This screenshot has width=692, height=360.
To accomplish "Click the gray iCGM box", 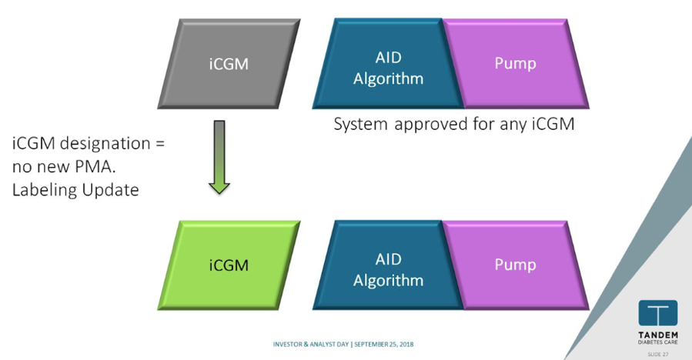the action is (x=229, y=64).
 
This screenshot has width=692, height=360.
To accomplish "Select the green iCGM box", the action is (x=229, y=265).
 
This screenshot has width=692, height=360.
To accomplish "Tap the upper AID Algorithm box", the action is (x=388, y=64).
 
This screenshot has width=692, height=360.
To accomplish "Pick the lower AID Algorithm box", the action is (x=388, y=265).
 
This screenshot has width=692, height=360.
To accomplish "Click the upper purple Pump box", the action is (x=516, y=64).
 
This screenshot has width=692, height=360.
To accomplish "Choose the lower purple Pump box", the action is (x=516, y=265).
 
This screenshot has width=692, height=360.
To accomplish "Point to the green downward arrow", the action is (x=219, y=157).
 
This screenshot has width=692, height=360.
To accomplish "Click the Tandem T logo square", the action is (x=657, y=313).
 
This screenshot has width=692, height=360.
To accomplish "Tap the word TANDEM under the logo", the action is (x=657, y=335).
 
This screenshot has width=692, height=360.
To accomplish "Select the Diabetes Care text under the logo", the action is (x=657, y=342).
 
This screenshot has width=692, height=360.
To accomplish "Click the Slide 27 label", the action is (x=657, y=355).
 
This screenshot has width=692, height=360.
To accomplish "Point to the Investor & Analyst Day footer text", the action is (x=311, y=344).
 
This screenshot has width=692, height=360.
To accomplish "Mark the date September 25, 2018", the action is (x=384, y=344).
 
